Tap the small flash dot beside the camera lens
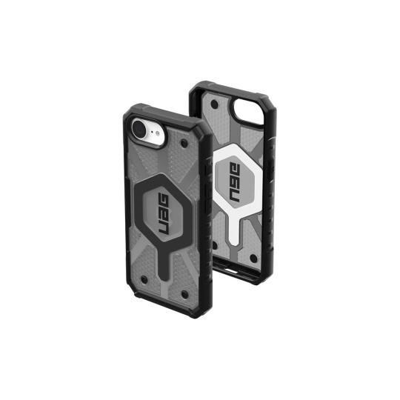158,133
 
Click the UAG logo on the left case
164,214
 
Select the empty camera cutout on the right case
247,112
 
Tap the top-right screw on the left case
183,144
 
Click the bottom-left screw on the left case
144,279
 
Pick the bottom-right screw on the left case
184,295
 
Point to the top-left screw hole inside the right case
215,104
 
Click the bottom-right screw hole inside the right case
253,259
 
